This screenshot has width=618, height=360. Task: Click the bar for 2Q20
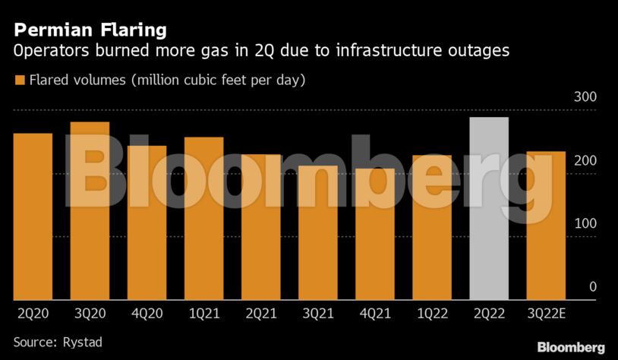point(33,216)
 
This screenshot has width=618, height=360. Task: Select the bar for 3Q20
point(90,210)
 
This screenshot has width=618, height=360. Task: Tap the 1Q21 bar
point(203,218)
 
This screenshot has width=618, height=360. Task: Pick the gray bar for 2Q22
point(489,208)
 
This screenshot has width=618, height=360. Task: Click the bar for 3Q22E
point(546,225)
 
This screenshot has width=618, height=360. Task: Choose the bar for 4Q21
point(375,234)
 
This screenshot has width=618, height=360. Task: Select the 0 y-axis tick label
point(592,287)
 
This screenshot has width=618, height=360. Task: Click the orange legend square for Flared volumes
point(19,80)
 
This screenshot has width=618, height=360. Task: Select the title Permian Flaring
point(90,30)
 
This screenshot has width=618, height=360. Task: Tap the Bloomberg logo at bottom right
point(570,347)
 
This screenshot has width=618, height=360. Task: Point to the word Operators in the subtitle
point(48,52)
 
